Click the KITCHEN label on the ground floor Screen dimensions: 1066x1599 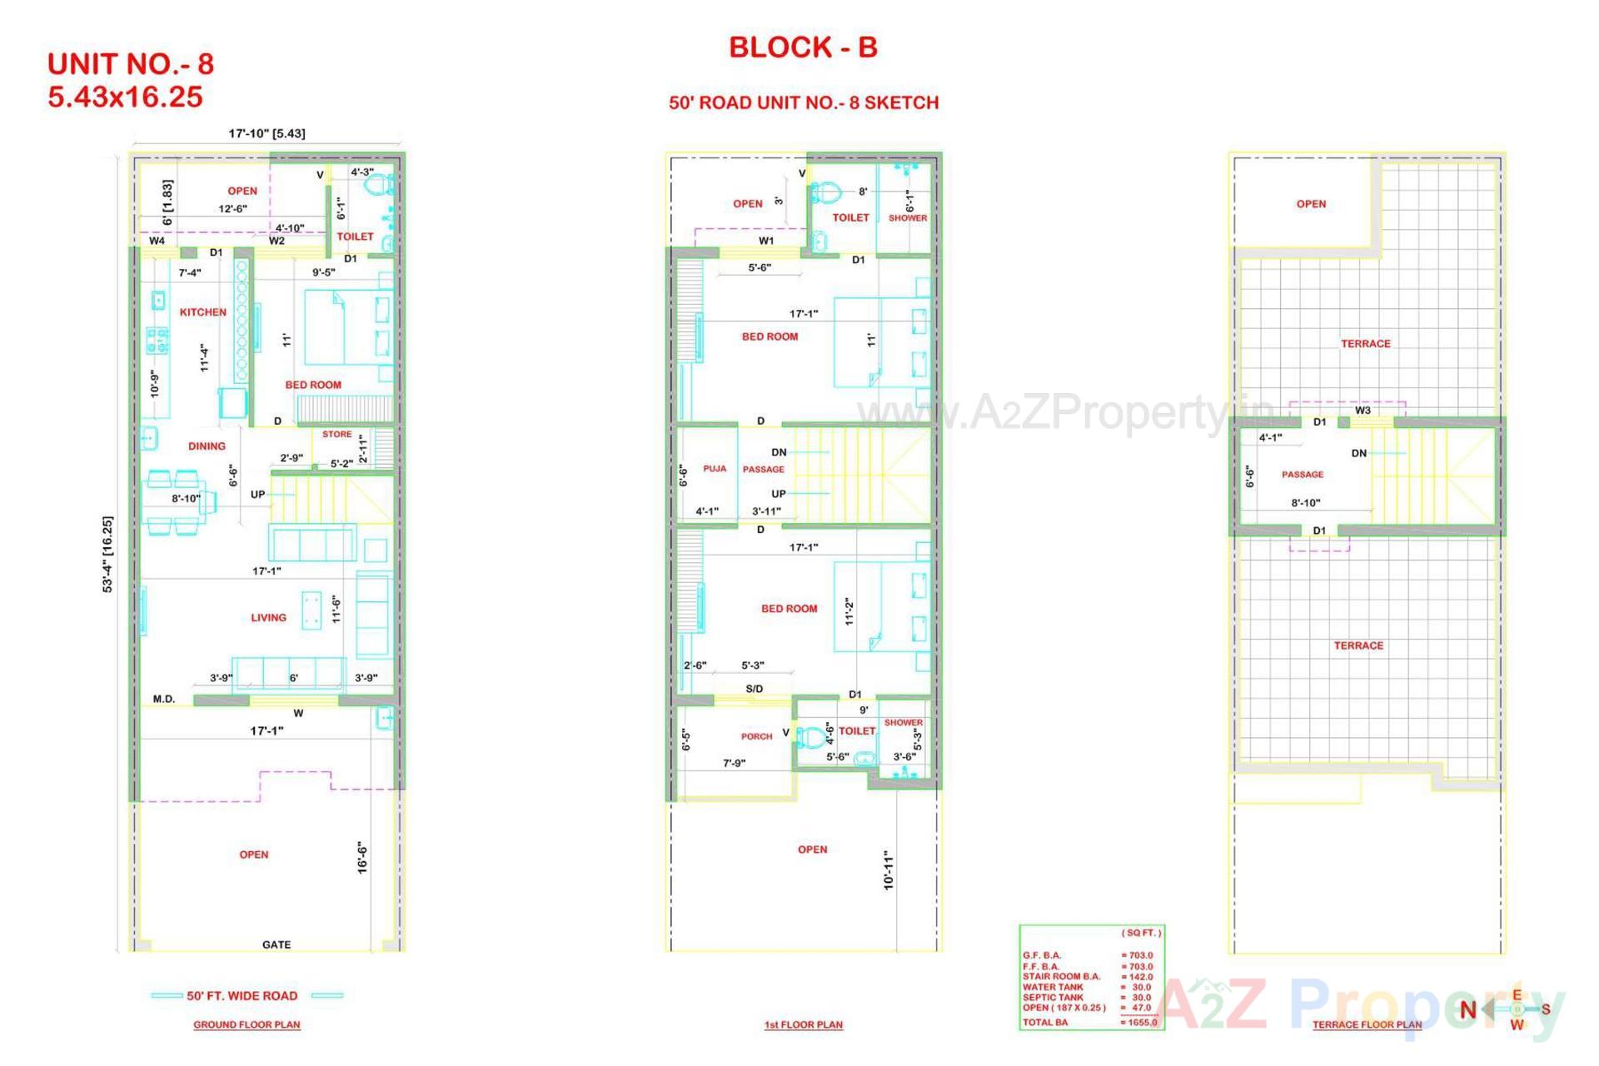pos(202,312)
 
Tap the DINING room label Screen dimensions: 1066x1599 pos(207,446)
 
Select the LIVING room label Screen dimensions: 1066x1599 pos(268,618)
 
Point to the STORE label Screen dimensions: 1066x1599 pos(336,434)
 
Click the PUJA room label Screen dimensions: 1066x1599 pos(715,469)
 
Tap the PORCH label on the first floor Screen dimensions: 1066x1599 pos(756,736)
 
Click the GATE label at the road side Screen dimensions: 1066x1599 pos(276,944)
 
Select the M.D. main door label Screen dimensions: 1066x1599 pos(164,699)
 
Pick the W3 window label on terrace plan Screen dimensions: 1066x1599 pos(1362,410)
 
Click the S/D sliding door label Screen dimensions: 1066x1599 pos(754,689)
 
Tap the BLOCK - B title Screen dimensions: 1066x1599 pos(803,47)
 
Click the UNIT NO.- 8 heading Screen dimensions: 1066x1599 pos(131,64)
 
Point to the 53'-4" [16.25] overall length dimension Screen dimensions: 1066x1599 pos(108,554)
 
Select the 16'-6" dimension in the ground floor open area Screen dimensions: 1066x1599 pos(362,857)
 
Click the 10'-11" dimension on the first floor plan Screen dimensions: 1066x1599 pos(889,870)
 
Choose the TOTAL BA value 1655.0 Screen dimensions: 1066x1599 pos(1140,1023)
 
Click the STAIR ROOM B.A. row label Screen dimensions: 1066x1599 pos(1061,977)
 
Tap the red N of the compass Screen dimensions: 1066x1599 pos(1467,1010)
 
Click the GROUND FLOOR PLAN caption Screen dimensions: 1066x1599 pos(247,1024)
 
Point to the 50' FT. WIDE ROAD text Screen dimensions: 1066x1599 pos(242,996)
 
